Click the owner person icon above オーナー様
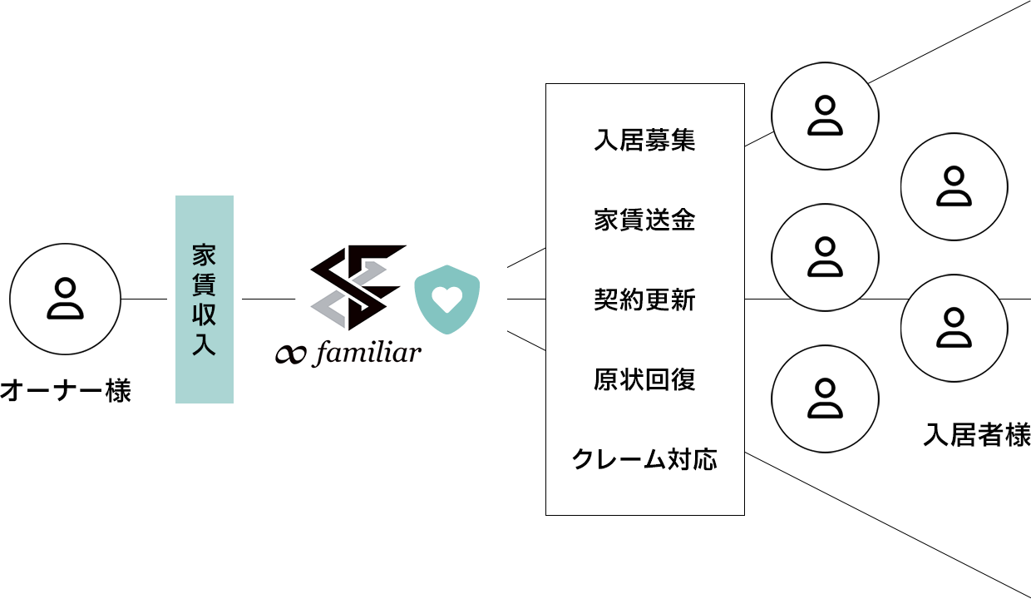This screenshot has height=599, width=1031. [x=66, y=299]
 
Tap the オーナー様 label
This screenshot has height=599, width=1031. [x=66, y=391]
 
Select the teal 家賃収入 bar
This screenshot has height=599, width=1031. [x=205, y=299]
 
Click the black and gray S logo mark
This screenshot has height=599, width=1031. [x=358, y=287]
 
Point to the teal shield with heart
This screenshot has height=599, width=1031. [x=447, y=299]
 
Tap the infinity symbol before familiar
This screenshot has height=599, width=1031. [x=290, y=354]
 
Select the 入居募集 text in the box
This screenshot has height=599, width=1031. [x=644, y=140]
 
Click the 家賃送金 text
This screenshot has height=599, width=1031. [x=644, y=220]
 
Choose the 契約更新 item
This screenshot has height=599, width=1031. [x=644, y=299]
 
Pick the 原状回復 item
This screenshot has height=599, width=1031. [x=644, y=379]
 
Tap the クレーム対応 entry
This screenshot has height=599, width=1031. [x=644, y=459]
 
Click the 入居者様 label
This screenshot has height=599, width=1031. [x=977, y=434]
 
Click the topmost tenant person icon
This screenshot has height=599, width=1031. [x=826, y=116]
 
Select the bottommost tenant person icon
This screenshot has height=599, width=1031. [x=826, y=399]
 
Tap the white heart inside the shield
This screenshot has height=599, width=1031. [x=447, y=299]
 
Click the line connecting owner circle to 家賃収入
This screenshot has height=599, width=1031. [x=144, y=299]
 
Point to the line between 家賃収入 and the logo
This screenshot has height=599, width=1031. [x=269, y=299]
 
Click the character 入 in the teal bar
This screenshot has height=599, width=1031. [x=204, y=344]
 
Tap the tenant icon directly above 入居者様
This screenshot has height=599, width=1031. [x=955, y=329]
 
